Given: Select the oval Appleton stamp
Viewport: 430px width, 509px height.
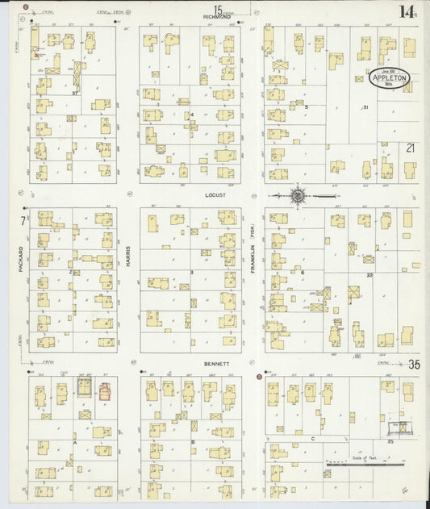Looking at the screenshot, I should pos(390,78).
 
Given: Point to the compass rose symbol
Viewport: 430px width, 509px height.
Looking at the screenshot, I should pos(297,194).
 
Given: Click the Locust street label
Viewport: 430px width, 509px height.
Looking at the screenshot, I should pos(215,194).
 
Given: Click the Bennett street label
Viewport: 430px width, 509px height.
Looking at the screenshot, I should pos(215,364).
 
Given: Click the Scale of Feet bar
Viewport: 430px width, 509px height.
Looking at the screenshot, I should pos(365,463).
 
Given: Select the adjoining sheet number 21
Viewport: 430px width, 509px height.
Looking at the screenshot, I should pos(411,148).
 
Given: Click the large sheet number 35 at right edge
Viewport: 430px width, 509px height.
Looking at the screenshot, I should pos(414,365).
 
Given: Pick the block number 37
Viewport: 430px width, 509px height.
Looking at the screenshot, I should pos(74,94).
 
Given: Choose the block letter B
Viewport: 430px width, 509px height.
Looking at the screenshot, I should pos(193,442).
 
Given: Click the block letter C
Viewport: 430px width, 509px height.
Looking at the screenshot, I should pos(312,438).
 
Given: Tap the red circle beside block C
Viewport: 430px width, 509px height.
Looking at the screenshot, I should pos(259,377).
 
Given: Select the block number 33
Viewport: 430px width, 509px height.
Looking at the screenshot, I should pos(369,276).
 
